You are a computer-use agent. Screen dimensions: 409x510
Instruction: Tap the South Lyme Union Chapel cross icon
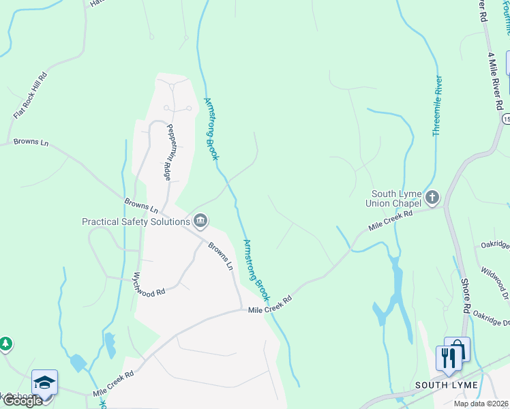point(432,198)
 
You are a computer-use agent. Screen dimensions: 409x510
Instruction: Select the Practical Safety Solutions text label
point(136,222)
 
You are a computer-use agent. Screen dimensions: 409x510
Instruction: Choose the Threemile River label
point(438,106)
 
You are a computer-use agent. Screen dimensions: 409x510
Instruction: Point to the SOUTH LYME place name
point(447,385)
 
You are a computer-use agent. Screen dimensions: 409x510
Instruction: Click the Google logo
point(22,401)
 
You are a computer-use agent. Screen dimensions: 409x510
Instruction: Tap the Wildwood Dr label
point(494,281)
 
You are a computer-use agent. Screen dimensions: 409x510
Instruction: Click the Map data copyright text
point(480,404)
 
